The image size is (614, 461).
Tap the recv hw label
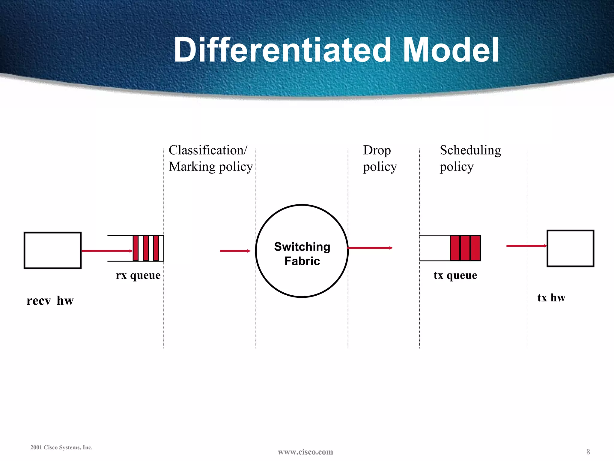[50, 300]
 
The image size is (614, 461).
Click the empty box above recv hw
[52, 250]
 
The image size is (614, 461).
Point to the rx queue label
[138, 275]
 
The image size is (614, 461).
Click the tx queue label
[455, 275]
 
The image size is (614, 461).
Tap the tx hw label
[551, 297]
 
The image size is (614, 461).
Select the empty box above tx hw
[570, 248]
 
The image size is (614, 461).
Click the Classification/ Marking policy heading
[210, 158]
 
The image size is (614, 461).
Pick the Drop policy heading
[380, 158]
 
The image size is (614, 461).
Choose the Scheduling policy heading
[470, 158]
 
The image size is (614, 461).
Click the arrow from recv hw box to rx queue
[107, 251]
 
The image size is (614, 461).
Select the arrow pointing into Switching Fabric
[235, 251]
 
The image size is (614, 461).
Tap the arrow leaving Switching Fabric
[370, 248]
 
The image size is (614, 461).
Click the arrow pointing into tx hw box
[526, 246]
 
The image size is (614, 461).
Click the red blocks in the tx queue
[465, 248]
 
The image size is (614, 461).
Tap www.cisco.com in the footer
[305, 452]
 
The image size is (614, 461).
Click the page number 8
[588, 452]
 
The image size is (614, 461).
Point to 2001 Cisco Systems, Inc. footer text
[61, 447]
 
